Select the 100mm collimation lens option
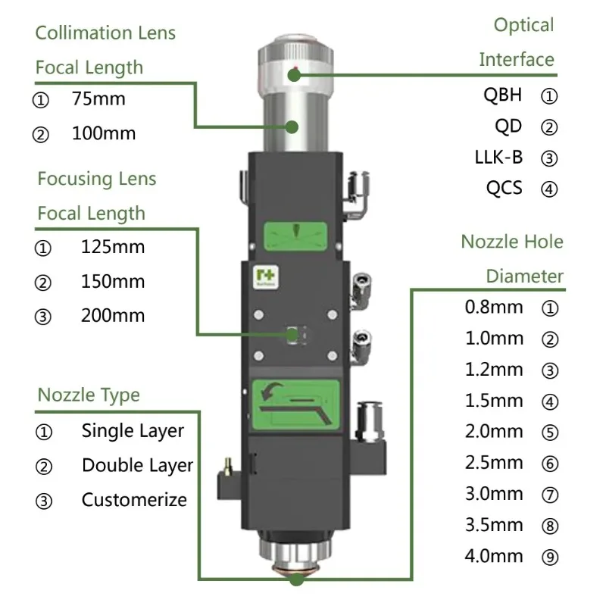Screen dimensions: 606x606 click(x=104, y=134)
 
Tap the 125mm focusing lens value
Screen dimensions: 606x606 click(x=112, y=247)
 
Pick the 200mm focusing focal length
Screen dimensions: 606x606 click(x=112, y=316)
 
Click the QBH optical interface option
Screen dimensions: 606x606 click(x=503, y=95)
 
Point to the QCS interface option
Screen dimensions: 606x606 click(x=504, y=188)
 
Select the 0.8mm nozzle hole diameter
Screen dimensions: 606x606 click(x=494, y=308)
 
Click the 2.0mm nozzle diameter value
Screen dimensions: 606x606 click(x=494, y=432)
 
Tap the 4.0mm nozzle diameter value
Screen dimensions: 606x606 click(x=494, y=556)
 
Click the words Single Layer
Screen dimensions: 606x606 click(x=133, y=431)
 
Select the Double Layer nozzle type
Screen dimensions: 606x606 click(x=137, y=465)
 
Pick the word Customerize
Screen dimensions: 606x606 click(x=134, y=500)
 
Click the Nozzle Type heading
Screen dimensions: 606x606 click(x=89, y=395)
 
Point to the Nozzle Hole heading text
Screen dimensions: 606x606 click(x=512, y=242)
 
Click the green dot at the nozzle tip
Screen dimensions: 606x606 click(x=296, y=580)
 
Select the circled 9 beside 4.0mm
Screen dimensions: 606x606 click(x=551, y=558)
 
